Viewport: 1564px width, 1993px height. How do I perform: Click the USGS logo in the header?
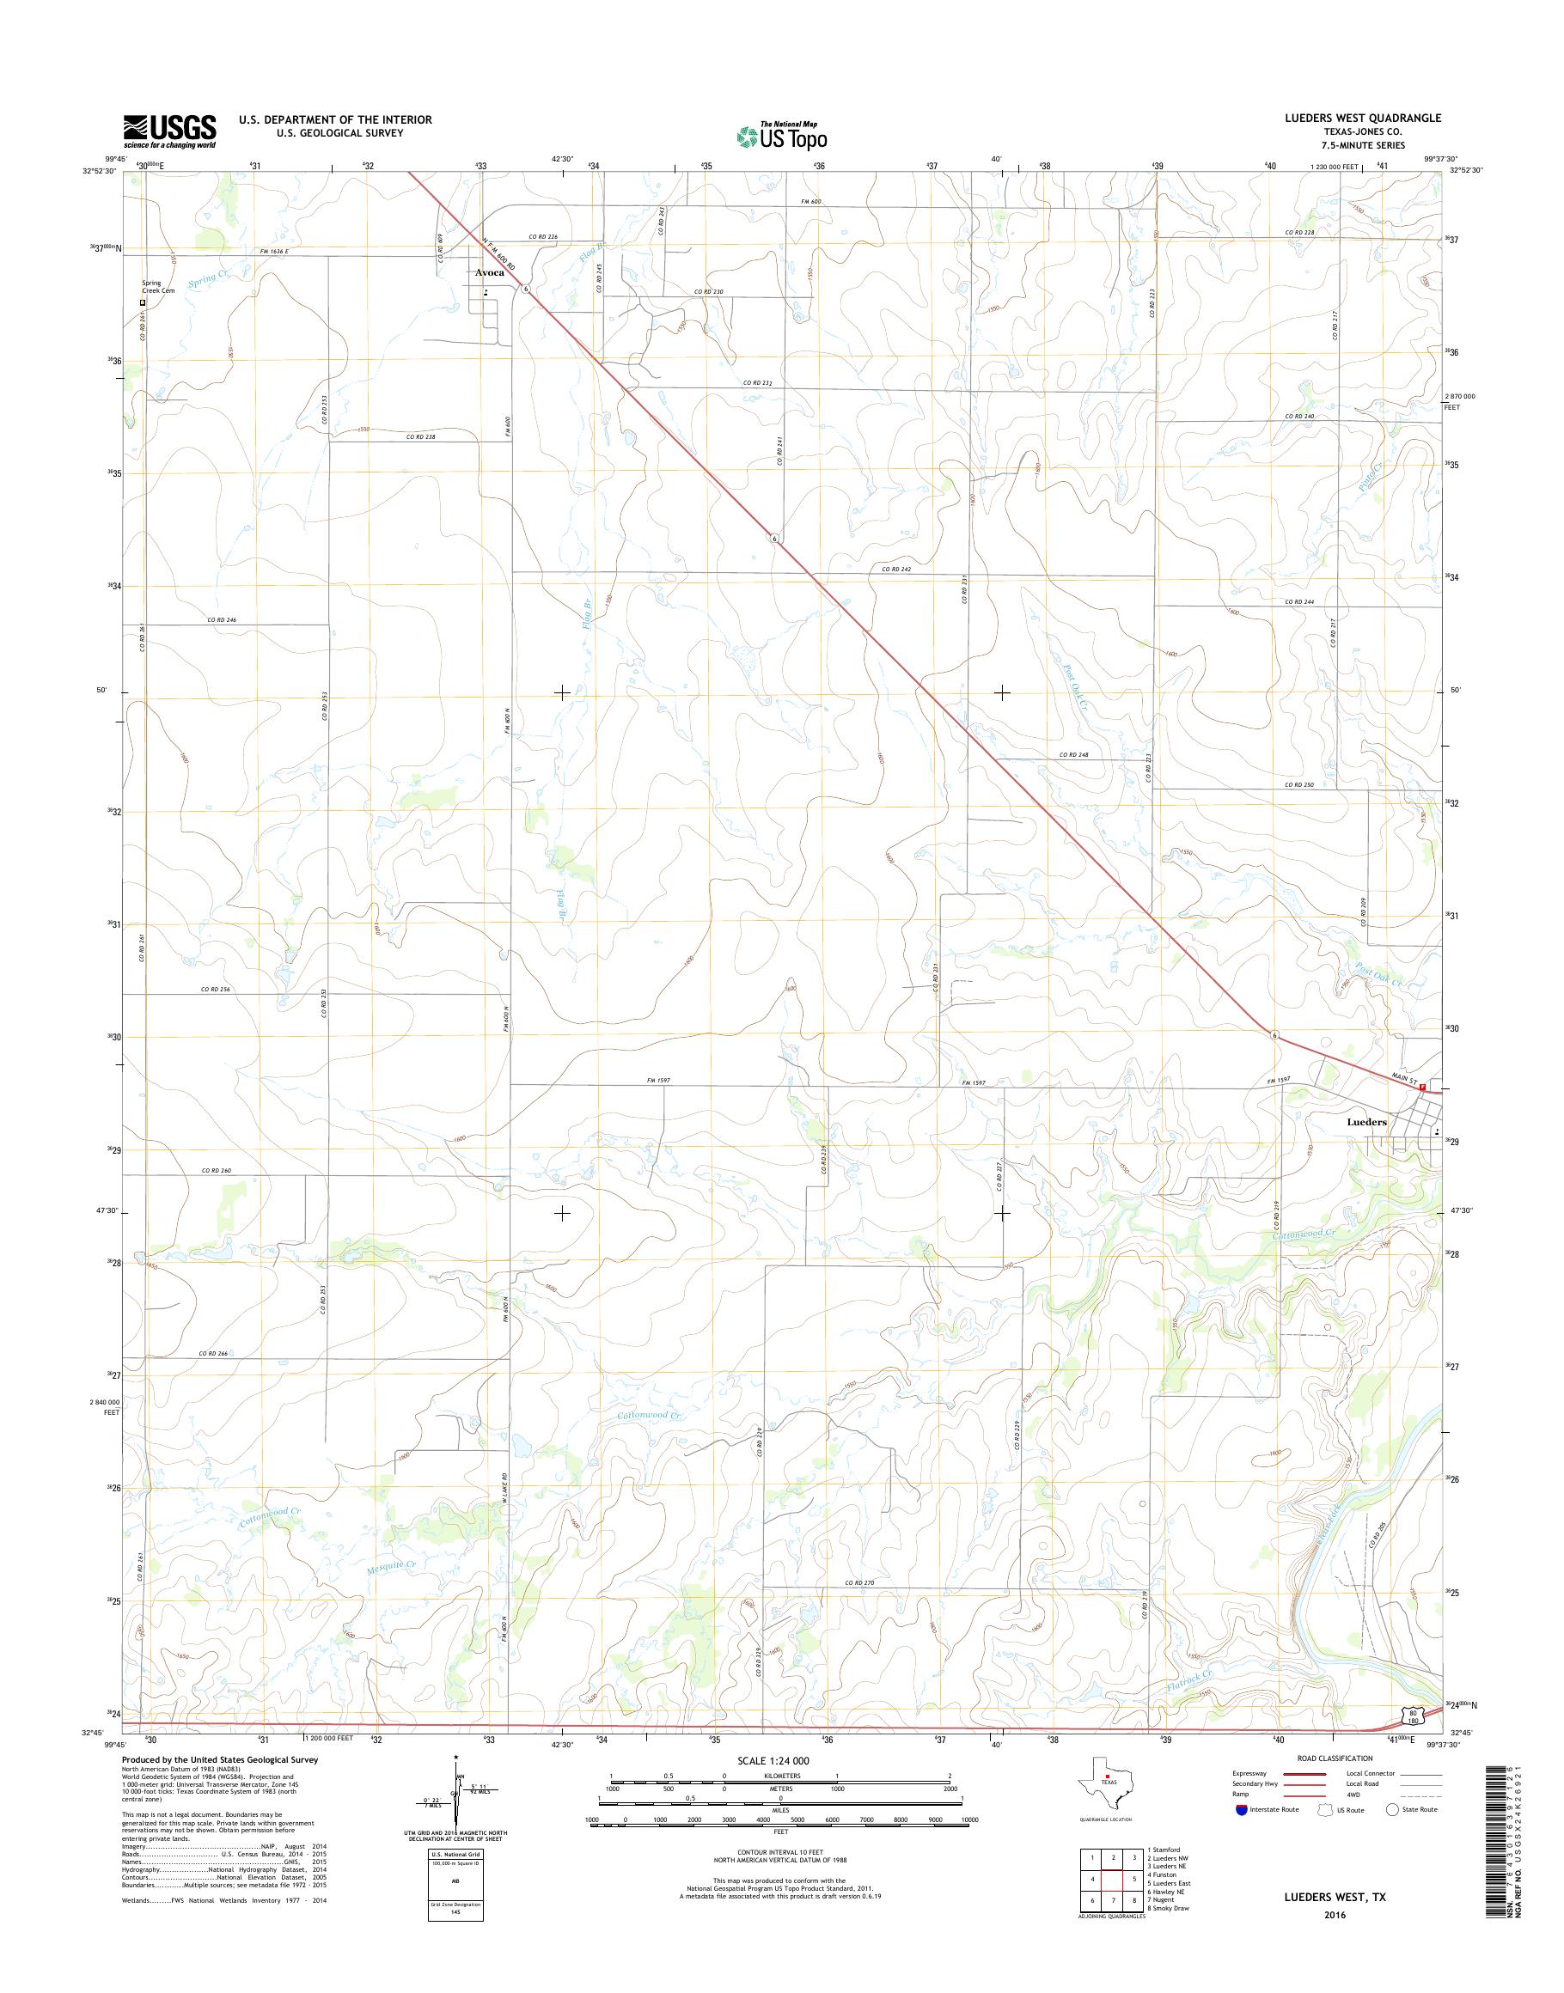coord(170,131)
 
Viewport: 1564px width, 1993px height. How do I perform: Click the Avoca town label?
coord(489,273)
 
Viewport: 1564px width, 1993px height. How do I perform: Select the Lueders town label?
coord(1366,1121)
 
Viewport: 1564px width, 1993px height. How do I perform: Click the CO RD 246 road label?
coord(222,619)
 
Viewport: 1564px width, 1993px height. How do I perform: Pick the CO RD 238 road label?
coord(421,437)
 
